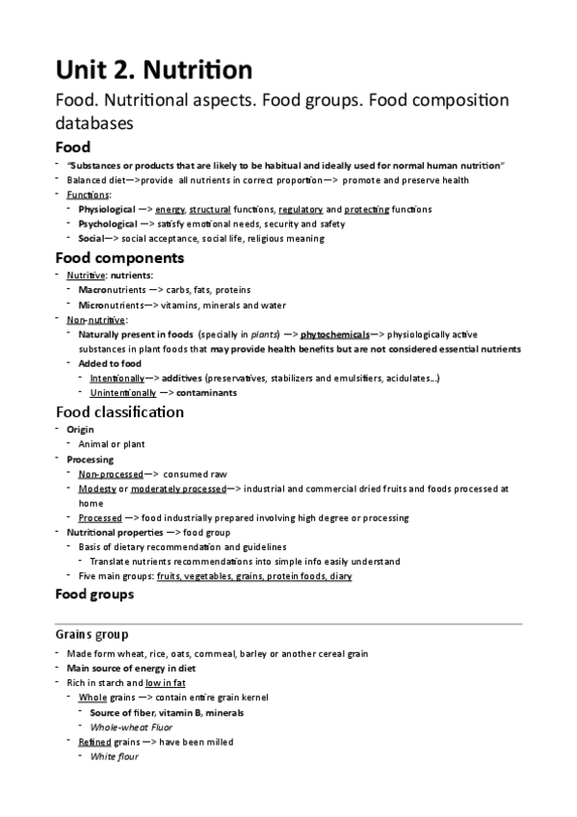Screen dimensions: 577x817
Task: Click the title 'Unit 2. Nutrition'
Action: click(x=154, y=69)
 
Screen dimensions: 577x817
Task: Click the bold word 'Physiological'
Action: click(x=107, y=209)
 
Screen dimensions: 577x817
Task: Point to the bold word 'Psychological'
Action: click(x=108, y=224)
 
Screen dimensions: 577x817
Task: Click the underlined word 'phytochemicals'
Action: click(x=335, y=334)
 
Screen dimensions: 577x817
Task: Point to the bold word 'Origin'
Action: click(x=81, y=429)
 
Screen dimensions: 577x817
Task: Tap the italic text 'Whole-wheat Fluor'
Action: click(x=131, y=727)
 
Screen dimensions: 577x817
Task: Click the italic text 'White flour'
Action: click(x=114, y=756)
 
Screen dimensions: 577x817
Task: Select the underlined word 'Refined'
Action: click(x=94, y=742)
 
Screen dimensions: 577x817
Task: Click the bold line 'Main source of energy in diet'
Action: click(x=133, y=668)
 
